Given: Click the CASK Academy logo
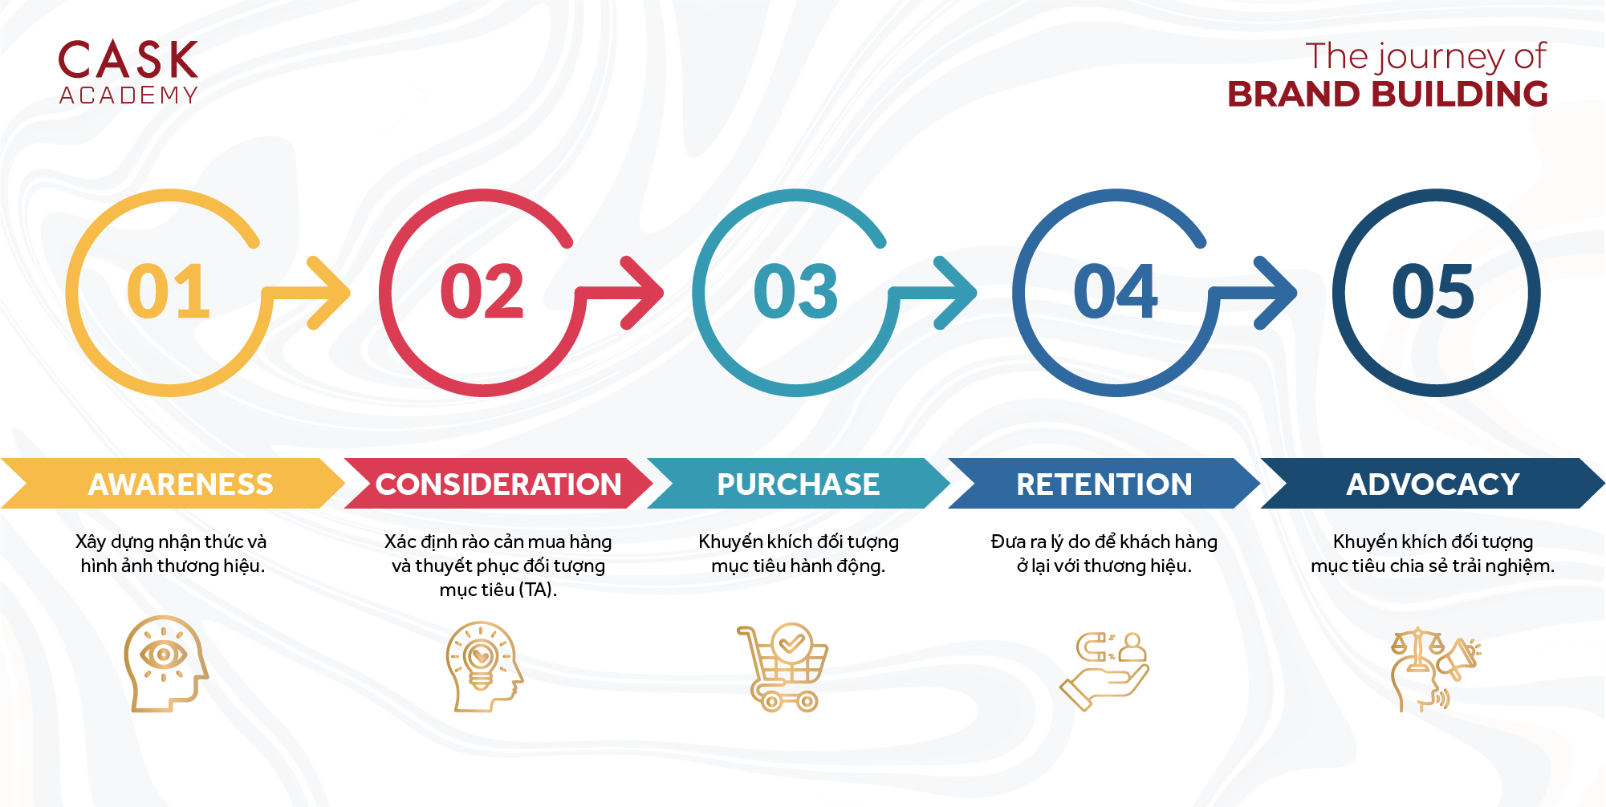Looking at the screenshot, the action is [128, 72].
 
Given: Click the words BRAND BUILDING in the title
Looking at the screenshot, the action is [1388, 94].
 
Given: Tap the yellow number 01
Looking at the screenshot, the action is [169, 291].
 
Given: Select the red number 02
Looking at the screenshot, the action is [482, 291].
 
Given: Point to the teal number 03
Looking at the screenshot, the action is [796, 291].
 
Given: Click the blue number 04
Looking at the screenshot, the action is [1116, 291].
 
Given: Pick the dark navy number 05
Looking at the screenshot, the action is [1433, 291].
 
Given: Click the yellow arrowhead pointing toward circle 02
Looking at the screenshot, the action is [329, 293].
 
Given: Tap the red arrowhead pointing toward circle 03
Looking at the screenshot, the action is [642, 293].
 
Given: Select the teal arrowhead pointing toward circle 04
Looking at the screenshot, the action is [955, 293].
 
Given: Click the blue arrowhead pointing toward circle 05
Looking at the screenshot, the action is [1275, 293].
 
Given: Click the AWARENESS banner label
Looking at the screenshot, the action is [181, 485].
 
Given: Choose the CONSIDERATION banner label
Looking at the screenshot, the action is [498, 485].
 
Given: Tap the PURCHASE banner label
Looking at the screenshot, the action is [799, 485].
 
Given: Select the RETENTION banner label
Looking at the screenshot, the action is [1104, 485].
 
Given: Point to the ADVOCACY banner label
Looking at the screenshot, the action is [1433, 485].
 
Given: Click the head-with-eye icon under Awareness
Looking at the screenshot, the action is [165, 663].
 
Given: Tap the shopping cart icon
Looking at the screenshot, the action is [783, 667].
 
